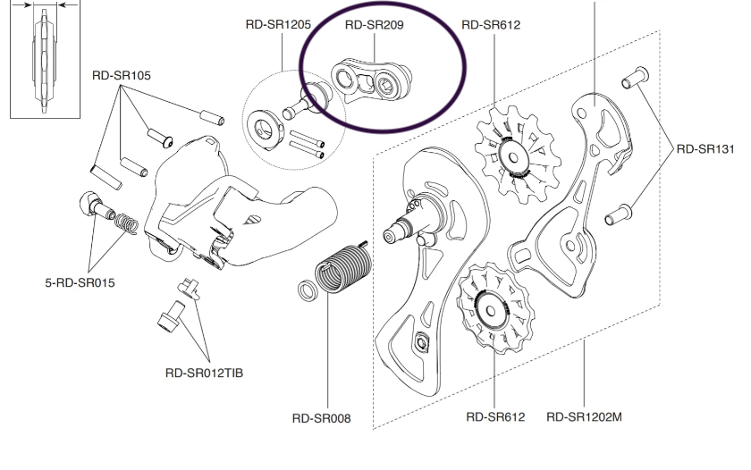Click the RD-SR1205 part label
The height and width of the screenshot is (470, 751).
pos(274,25)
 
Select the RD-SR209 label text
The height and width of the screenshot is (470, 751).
pos(375,25)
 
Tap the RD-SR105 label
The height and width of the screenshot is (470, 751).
pos(121,75)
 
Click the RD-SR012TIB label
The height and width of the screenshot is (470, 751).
pos(204,373)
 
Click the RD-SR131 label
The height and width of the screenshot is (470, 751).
pos(704,149)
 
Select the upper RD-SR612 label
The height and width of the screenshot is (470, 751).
pos(491,25)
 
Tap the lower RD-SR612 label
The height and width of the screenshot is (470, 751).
pos(495,416)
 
